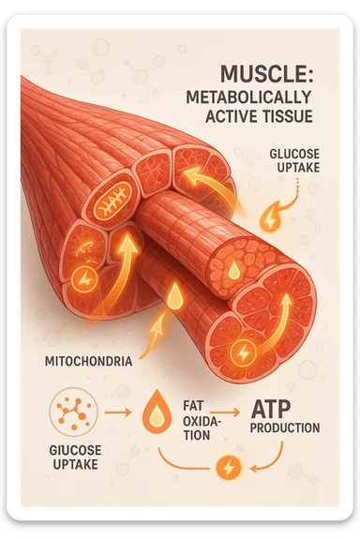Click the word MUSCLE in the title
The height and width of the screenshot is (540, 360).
pyautogui.click(x=255, y=75)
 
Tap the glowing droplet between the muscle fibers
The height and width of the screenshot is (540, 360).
pyautogui.click(x=173, y=297)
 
